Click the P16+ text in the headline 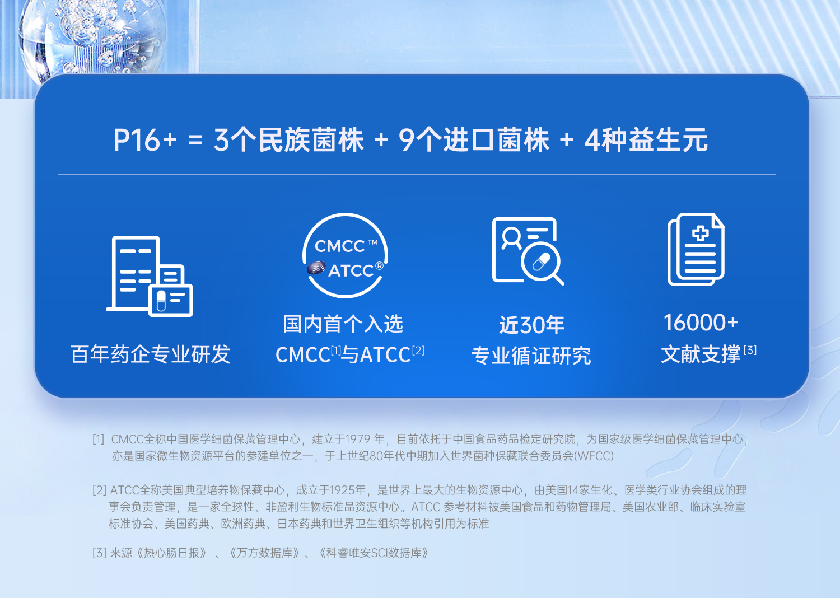[144, 140]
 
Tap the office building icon [150, 276]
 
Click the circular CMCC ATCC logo [346, 255]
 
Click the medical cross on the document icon [700, 233]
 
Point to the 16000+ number [701, 323]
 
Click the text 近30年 [532, 325]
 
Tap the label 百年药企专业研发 [151, 354]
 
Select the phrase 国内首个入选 [343, 324]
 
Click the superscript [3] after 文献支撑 [750, 350]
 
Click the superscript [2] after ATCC [418, 351]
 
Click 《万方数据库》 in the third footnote [265, 553]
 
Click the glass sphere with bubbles [92, 38]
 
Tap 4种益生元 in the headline [646, 140]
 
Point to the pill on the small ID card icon [161, 301]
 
